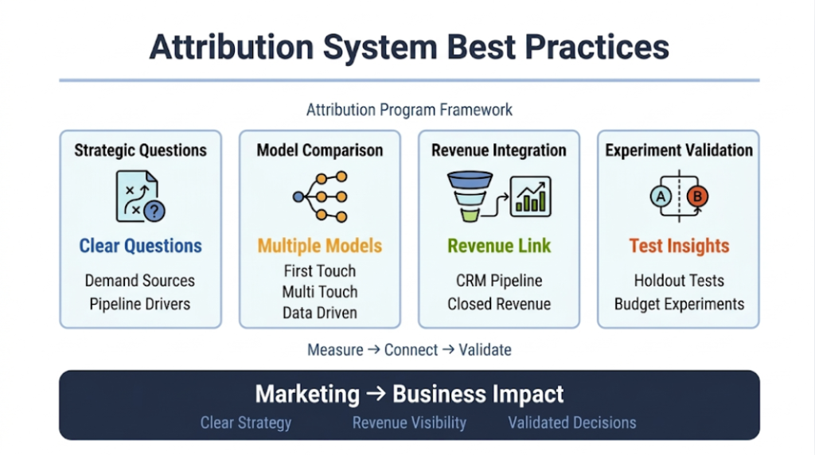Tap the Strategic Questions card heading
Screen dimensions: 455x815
tap(140, 150)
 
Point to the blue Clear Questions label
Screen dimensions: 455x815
tap(140, 246)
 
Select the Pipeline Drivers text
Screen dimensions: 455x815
tap(140, 304)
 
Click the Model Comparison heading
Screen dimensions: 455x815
tap(319, 150)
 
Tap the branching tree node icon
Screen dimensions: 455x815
tap(319, 196)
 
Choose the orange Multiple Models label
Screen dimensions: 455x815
tap(319, 246)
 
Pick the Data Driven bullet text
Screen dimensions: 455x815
tap(319, 313)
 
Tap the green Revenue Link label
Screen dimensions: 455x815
tap(499, 246)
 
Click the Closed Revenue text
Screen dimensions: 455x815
tap(499, 304)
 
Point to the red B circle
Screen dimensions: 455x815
tap(697, 196)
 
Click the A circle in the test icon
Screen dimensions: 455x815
tap(661, 196)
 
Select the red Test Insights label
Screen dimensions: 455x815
tap(679, 246)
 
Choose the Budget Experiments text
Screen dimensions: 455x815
tap(679, 304)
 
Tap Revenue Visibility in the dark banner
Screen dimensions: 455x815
tap(409, 423)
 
